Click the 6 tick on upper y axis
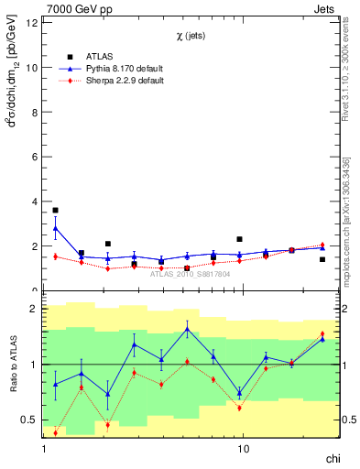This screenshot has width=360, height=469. coord(35,157)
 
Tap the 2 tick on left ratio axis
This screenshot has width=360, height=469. coord(35,309)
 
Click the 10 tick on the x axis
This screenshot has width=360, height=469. coord(243,450)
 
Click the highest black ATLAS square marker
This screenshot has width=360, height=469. coord(55,210)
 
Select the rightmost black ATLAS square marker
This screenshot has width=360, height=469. coord(322,259)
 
